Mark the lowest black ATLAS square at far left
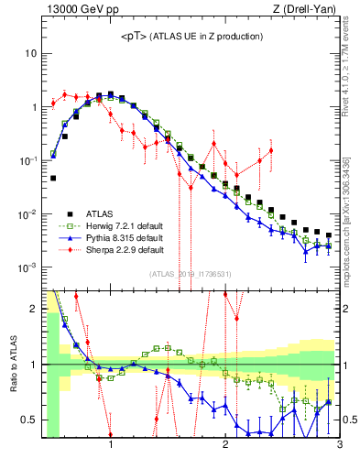click(x=53, y=178)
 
